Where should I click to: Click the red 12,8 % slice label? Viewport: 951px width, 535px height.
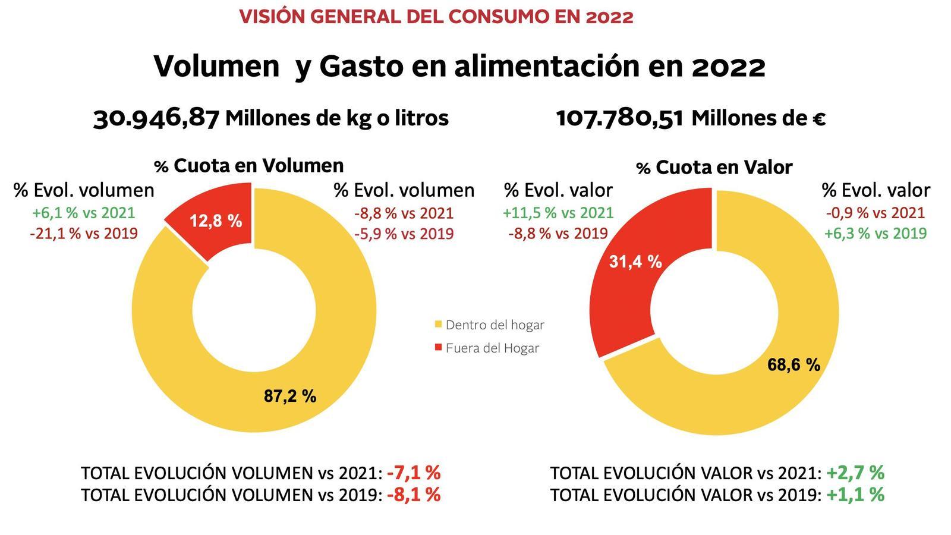pos(216,221)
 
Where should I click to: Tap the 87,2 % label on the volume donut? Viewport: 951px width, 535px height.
pos(290,396)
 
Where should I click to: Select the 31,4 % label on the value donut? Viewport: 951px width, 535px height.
pos(635,261)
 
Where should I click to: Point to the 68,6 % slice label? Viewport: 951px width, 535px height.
pos(793,364)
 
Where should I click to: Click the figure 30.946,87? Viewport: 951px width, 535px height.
pos(156,118)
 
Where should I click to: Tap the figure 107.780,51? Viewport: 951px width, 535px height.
pos(619,118)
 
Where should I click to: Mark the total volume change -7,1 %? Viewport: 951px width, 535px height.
pos(414,473)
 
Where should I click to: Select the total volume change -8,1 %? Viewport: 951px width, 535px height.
pos(414,495)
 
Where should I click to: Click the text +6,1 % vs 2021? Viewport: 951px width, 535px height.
pos(83,212)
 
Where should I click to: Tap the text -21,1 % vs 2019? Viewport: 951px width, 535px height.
pos(83,233)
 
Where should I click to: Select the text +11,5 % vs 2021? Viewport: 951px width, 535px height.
pos(558,212)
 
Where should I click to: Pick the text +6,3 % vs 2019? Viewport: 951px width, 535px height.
pos(875,233)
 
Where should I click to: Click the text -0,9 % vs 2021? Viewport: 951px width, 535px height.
pos(875,212)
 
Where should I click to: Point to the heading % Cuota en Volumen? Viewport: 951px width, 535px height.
pos(249,165)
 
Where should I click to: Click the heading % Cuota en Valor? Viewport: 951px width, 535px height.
pos(714,168)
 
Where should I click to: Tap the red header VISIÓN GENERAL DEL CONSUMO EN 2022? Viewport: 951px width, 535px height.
pos(436,17)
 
